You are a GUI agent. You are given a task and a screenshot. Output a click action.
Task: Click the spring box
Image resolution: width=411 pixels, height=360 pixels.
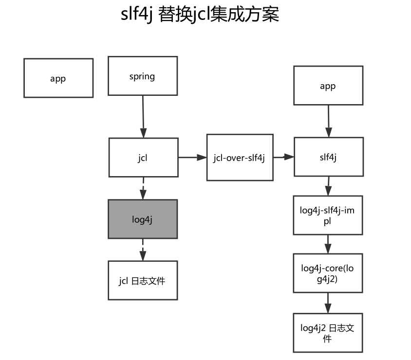click(x=143, y=76)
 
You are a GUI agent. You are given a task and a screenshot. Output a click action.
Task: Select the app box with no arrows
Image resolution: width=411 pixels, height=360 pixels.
click(x=58, y=78)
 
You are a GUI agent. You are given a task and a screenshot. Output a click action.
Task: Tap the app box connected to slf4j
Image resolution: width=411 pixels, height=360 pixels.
click(x=328, y=86)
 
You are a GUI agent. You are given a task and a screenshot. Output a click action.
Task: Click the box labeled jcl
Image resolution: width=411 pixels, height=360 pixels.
click(x=143, y=158)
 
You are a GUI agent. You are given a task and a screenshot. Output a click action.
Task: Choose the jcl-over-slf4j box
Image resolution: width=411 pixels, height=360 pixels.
click(x=239, y=158)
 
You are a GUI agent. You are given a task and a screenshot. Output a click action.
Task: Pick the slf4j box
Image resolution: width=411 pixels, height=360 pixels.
click(x=328, y=157)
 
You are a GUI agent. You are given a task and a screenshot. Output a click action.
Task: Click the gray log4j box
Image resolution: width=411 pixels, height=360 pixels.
click(x=143, y=219)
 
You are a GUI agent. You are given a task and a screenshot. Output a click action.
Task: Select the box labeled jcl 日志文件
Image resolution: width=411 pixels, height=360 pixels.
click(x=143, y=281)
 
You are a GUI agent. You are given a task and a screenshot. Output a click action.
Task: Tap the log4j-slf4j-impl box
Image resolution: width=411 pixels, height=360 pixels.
click(x=328, y=215)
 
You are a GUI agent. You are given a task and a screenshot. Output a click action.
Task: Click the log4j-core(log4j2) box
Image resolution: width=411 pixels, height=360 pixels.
click(x=328, y=273)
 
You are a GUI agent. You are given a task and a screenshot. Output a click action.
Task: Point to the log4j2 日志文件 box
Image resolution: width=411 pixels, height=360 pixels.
click(x=328, y=333)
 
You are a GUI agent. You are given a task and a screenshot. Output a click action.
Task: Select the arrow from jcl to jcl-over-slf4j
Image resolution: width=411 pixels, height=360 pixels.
click(x=192, y=158)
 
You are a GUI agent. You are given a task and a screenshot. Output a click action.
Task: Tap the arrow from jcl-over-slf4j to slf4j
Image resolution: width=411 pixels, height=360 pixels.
click(x=282, y=157)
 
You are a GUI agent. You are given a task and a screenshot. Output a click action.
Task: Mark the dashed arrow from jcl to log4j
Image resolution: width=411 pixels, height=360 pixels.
click(x=143, y=188)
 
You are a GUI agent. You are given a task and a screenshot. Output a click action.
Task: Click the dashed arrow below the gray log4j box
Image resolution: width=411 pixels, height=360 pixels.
click(x=143, y=249)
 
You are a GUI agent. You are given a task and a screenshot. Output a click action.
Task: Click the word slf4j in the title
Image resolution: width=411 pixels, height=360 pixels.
click(x=136, y=14)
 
